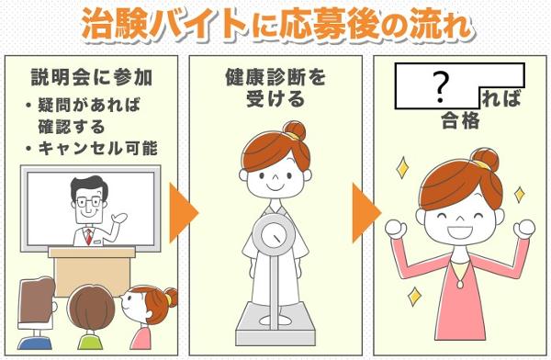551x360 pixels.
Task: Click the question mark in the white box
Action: click(441, 88)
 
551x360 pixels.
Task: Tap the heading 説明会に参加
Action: click(92, 77)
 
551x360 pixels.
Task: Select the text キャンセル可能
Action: click(98, 148)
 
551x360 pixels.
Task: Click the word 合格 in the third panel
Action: click(460, 120)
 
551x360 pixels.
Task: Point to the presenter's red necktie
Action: click(89, 237)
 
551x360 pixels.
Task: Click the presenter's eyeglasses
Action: click(89, 202)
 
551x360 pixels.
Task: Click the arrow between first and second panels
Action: click(184, 212)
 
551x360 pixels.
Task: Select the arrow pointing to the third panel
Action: click(366, 212)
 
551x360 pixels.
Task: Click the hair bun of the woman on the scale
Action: click(295, 131)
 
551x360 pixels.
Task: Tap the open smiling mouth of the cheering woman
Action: click(459, 231)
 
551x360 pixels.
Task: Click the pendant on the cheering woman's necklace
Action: click(460, 283)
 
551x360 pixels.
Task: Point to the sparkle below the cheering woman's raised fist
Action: click(415, 297)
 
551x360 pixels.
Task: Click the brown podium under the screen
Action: click(92, 270)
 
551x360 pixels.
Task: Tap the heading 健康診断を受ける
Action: click(275, 88)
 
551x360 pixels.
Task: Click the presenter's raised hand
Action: click(118, 218)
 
